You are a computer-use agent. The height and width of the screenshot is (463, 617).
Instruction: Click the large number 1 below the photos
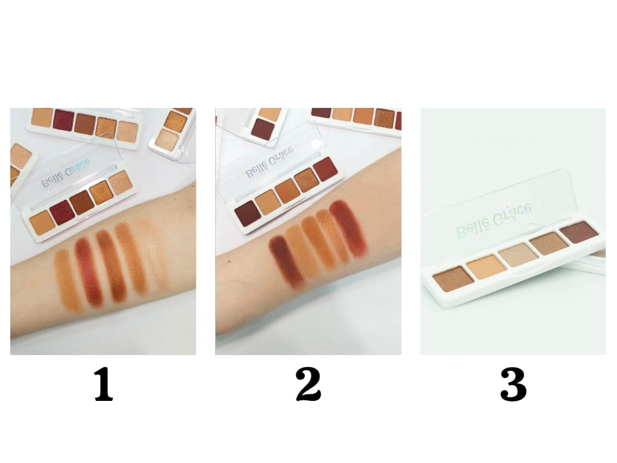tap(104, 384)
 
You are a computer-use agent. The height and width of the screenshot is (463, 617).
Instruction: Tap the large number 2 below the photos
tap(308, 384)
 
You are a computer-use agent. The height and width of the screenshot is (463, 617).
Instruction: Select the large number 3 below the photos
tap(513, 384)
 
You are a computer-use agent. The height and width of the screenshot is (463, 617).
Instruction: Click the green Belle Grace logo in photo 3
tap(494, 221)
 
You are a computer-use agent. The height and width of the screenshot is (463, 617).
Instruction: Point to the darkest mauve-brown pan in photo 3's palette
tap(580, 232)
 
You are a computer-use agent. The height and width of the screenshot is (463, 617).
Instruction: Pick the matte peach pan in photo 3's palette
tap(486, 266)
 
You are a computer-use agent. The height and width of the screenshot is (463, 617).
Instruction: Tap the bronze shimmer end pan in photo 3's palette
tap(453, 279)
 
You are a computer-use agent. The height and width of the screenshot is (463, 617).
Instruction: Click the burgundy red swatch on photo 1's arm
tap(89, 271)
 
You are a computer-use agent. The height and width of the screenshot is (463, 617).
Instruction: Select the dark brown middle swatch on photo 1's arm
tap(111, 265)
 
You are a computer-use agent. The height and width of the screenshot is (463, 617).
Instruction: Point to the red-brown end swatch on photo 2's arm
tap(348, 228)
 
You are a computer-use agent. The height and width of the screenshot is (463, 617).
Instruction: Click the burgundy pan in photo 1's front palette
tap(63, 213)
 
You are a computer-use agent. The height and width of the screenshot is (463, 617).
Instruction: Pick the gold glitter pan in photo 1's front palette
tap(101, 192)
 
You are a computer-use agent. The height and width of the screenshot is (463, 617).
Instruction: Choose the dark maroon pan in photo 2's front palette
tap(248, 213)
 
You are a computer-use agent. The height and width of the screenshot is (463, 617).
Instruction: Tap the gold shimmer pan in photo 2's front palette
tap(307, 180)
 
